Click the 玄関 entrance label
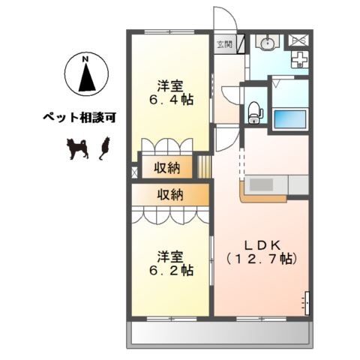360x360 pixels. [225, 44]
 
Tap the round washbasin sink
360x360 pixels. [267, 43]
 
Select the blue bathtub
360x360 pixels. [290, 118]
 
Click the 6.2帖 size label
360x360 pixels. [172, 268]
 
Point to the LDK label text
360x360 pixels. [262, 244]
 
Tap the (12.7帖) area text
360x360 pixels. [262, 259]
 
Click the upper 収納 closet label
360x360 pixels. [166, 166]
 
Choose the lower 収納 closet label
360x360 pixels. [169, 194]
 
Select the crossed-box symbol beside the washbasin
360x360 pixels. [298, 39]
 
